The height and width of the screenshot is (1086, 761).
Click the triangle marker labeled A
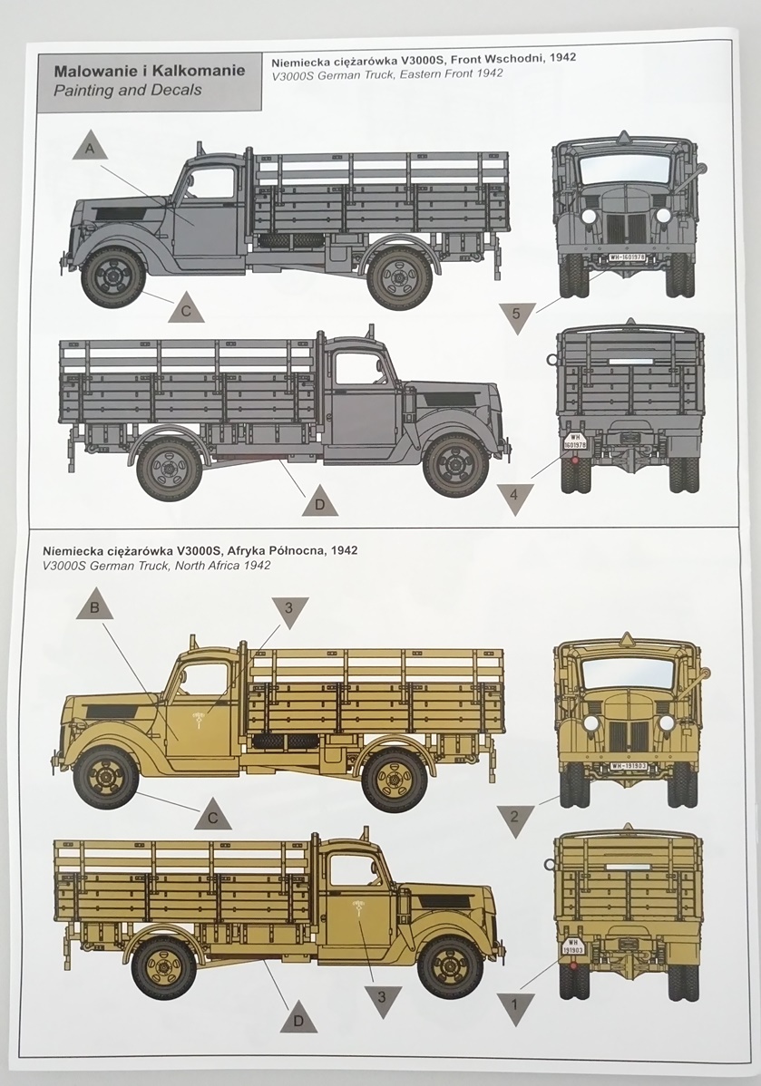pyautogui.click(x=89, y=149)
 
